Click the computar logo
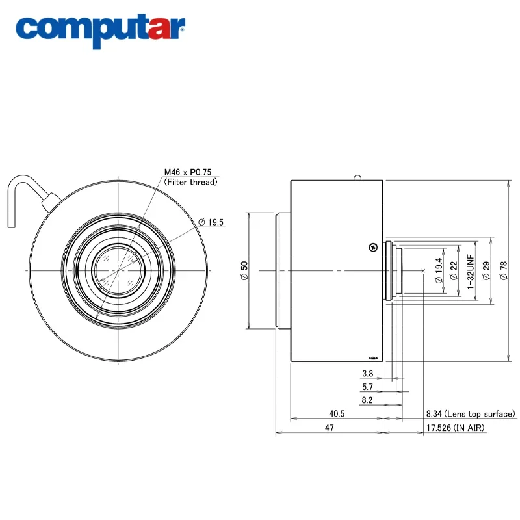pyautogui.click(x=100, y=31)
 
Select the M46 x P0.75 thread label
pyautogui.click(x=188, y=172)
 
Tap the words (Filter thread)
pyautogui.click(x=190, y=182)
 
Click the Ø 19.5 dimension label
pyautogui.click(x=211, y=222)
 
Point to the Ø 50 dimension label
pyautogui.click(x=244, y=270)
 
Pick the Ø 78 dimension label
pyautogui.click(x=504, y=270)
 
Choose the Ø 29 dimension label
pyautogui.click(x=486, y=270)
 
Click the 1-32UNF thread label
pyautogui.click(x=471, y=272)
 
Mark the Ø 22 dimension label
pyautogui.click(x=454, y=270)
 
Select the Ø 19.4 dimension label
pyautogui.click(x=439, y=270)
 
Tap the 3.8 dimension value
pyautogui.click(x=367, y=374)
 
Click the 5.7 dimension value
pyautogui.click(x=367, y=387)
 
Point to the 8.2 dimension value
pyautogui.click(x=367, y=400)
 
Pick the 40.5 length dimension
pyautogui.click(x=337, y=414)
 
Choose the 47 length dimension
pyautogui.click(x=330, y=428)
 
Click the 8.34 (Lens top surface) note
pyautogui.click(x=471, y=414)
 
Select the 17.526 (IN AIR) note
pyautogui.click(x=456, y=428)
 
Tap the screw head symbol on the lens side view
pyautogui.click(x=373, y=247)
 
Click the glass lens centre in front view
pyautogui.click(x=118, y=270)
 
